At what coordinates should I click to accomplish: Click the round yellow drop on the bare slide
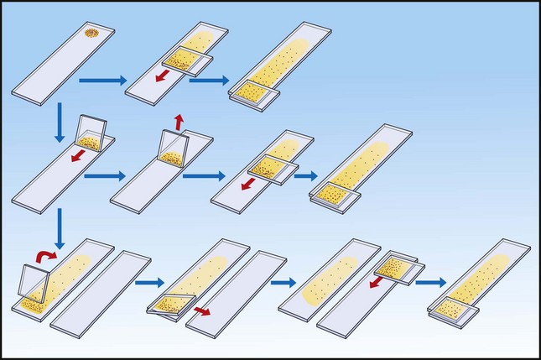[91, 34]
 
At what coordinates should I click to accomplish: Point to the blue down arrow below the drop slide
[59, 123]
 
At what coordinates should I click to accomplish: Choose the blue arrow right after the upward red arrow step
[203, 176]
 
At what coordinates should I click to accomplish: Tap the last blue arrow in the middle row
[304, 178]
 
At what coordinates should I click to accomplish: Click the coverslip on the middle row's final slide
[336, 196]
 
